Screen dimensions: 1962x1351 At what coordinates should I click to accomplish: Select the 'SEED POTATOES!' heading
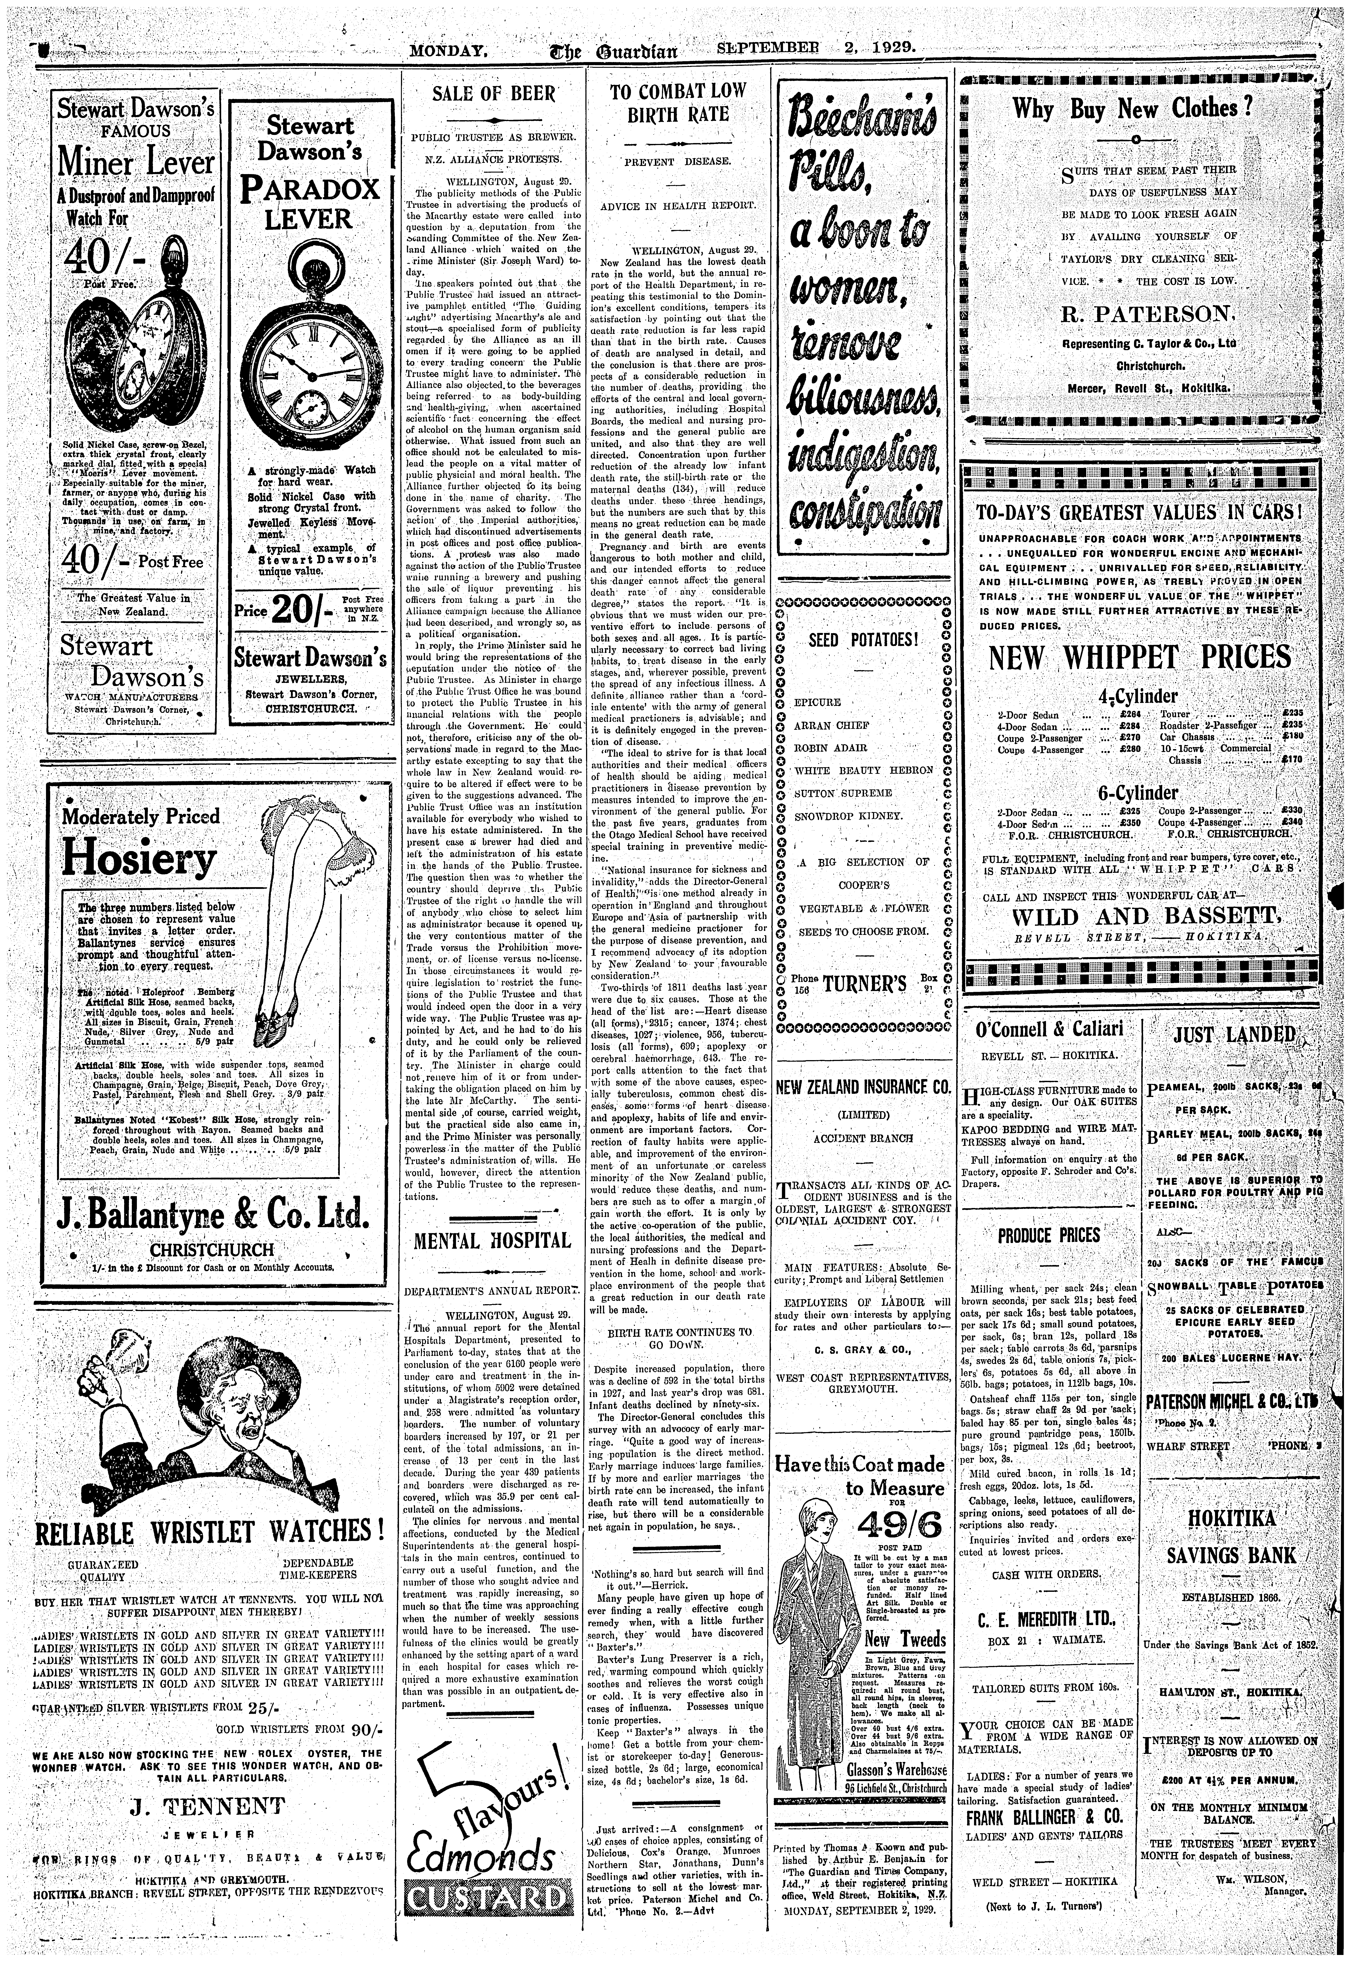click(863, 639)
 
